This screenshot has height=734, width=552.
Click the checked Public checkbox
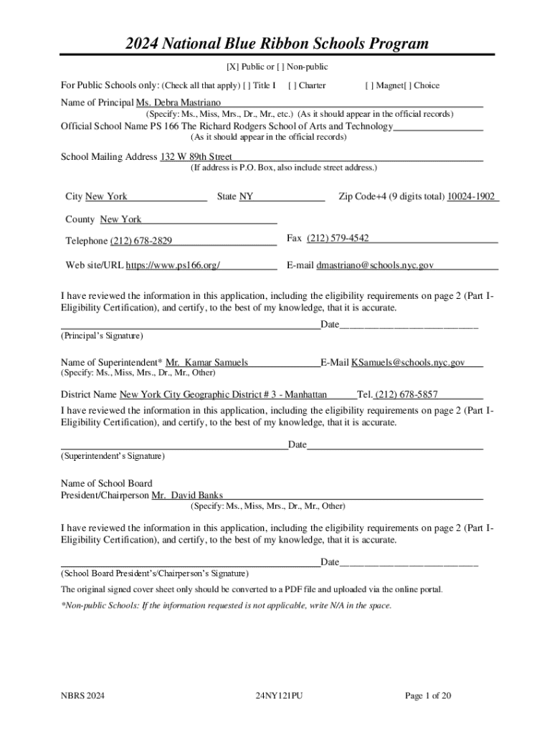[x=233, y=67]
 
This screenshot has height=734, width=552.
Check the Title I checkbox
[x=247, y=85]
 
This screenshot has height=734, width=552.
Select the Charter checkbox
[x=291, y=85]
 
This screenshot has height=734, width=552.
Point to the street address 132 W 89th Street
[x=196, y=156]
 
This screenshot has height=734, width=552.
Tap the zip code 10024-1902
[x=471, y=196]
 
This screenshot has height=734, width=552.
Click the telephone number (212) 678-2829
[x=141, y=240]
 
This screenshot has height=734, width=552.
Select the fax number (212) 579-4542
[x=338, y=238]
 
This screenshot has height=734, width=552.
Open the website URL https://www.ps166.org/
[x=173, y=265]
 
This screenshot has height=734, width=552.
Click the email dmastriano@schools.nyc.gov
[x=375, y=265]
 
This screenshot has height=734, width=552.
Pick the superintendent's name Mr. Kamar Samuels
[x=206, y=363]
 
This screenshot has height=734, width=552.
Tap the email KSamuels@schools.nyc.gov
[x=407, y=363]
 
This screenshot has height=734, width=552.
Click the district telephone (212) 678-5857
[x=406, y=394]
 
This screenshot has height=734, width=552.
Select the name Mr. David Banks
[x=187, y=495]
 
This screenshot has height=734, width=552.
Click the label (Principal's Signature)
[x=102, y=335]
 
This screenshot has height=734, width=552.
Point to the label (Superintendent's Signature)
[x=113, y=456]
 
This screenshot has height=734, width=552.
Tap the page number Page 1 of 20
[x=428, y=695]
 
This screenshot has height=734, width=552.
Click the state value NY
[x=246, y=196]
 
